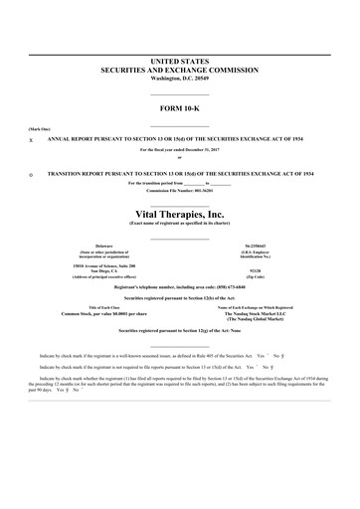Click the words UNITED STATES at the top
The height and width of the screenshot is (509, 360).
pos(179,62)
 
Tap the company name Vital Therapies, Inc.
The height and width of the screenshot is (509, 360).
pos(179,212)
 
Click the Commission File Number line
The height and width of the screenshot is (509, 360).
pos(179,190)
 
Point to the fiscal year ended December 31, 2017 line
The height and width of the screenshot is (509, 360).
pos(179,149)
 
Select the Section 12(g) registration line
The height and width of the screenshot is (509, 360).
pos(179,330)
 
